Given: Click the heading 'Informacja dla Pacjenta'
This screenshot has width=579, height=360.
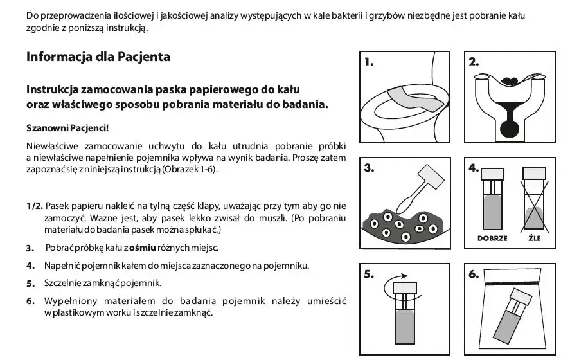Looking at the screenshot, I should point(98,57).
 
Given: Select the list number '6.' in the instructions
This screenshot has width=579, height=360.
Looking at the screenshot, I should point(30,300).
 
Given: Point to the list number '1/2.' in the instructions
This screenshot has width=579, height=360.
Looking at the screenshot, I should point(35,206).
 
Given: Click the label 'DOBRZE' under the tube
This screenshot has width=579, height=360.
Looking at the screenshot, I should point(492,238).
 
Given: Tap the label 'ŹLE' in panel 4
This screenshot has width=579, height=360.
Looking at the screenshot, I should point(534,238).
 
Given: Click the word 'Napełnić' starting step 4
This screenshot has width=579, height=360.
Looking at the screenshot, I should point(63,265).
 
